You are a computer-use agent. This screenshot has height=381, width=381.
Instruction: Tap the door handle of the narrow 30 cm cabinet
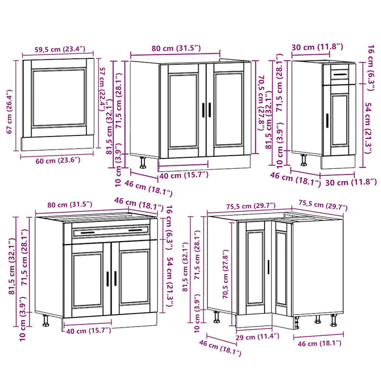click(327, 120)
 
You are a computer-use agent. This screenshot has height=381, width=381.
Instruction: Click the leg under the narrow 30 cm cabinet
click(304, 158)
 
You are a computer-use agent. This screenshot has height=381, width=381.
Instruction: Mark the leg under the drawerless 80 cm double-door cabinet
click(143, 162)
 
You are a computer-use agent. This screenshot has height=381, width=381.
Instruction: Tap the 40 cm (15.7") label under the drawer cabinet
click(87, 330)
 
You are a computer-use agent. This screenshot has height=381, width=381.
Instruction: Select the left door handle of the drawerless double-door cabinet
click(203, 109)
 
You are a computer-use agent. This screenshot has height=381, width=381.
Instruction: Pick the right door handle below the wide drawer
click(115, 278)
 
